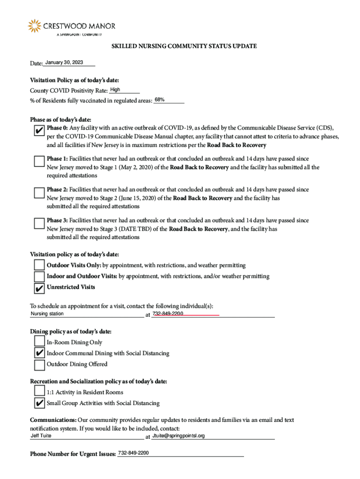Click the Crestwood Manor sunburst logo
point(35,26)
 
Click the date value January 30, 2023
point(64,63)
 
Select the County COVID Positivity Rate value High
point(115,89)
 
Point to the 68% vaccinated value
point(159,100)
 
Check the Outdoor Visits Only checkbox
point(40,266)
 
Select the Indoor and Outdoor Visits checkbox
point(40,276)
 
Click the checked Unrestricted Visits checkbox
point(40,287)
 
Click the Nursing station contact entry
point(47,314)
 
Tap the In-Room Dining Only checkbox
point(40,342)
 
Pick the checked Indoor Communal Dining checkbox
point(40,353)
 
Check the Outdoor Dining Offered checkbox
point(40,364)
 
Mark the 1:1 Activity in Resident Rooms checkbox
point(40,392)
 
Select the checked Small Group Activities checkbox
point(40,403)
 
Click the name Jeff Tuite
point(41,436)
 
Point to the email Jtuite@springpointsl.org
point(179,436)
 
